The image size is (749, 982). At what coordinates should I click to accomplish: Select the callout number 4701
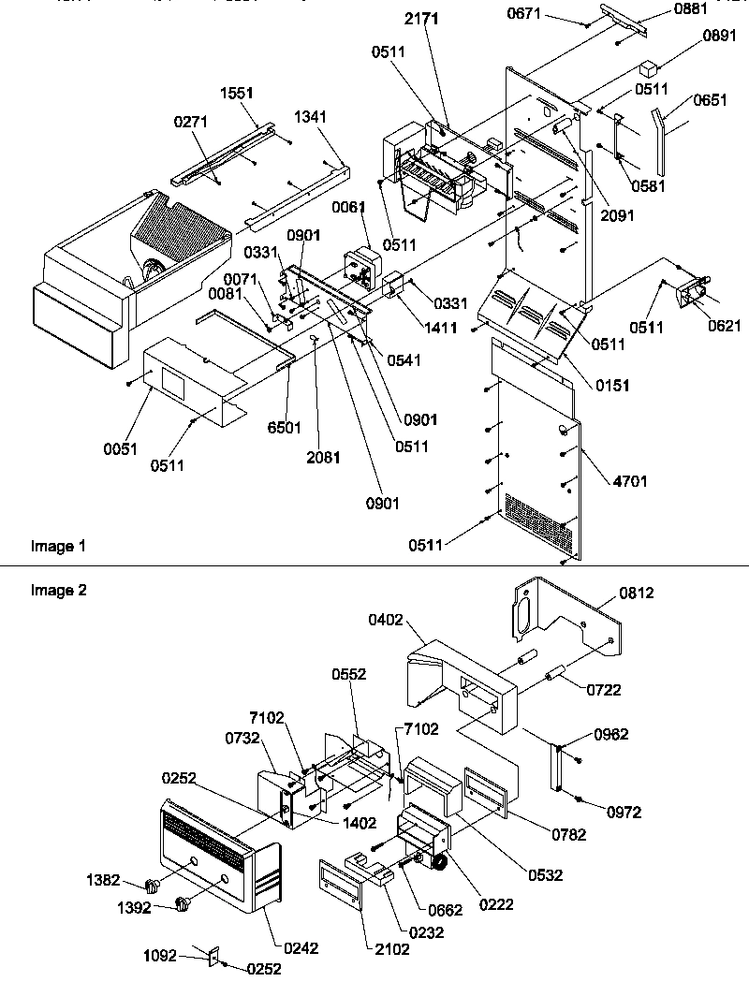[629, 482]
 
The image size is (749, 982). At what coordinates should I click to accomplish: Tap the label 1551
[237, 95]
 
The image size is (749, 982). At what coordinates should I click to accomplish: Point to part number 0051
[120, 448]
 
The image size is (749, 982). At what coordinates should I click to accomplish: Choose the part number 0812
[636, 593]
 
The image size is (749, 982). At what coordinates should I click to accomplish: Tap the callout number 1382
[103, 881]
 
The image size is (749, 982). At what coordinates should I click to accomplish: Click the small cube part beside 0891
[648, 68]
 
